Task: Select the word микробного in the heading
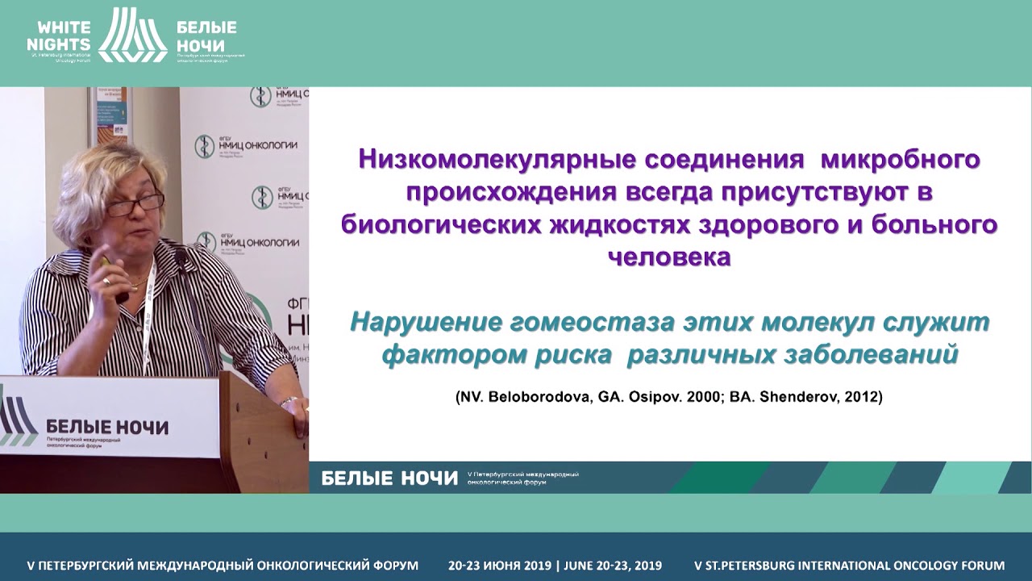pos(900,159)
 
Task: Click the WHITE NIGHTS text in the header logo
pos(59,33)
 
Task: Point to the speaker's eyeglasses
pos(135,204)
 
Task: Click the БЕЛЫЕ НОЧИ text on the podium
pos(107,426)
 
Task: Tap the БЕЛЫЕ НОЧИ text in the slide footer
pos(389,478)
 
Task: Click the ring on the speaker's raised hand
pos(106,281)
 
